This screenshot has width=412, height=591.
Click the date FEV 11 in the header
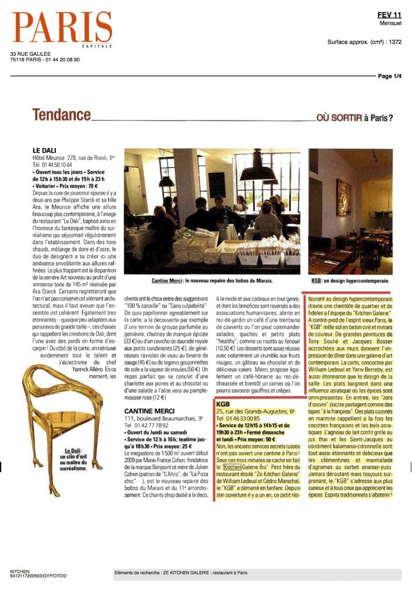pos(389,16)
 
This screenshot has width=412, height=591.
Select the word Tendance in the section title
pos(61,115)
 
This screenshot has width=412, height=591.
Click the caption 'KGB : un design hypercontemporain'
pos(350,280)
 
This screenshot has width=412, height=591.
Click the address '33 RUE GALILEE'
pos(30,54)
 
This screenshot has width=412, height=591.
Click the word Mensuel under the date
pos(390,24)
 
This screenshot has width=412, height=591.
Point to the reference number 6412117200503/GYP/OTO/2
pos(39,577)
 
